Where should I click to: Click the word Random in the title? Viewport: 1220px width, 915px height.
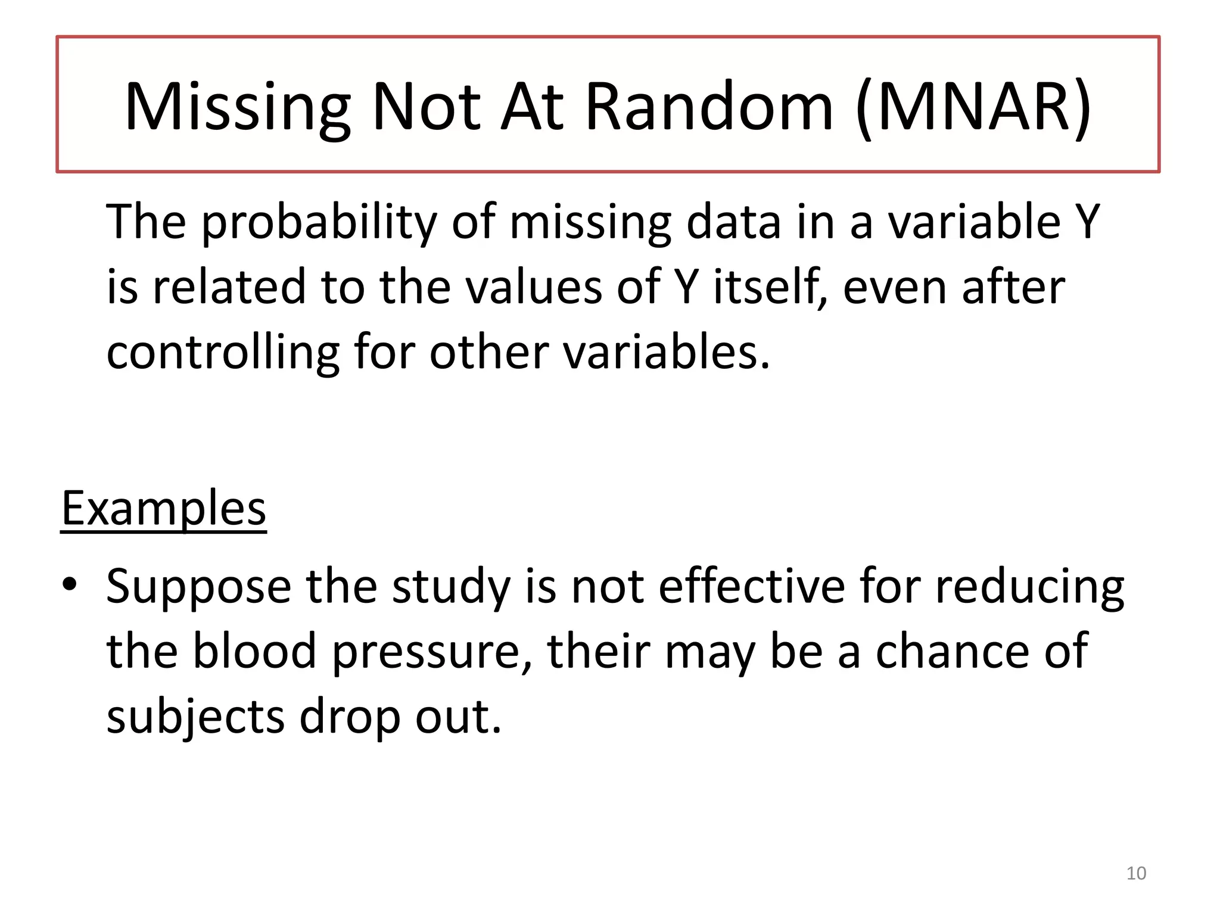pos(709,107)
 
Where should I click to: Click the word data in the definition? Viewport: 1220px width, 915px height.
pos(733,222)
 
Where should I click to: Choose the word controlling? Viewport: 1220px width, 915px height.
pos(223,353)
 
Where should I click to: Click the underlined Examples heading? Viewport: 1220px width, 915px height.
pos(164,509)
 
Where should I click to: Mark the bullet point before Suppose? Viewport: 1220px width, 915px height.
pos(70,584)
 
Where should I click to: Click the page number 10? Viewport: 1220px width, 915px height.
pos(1136,873)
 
